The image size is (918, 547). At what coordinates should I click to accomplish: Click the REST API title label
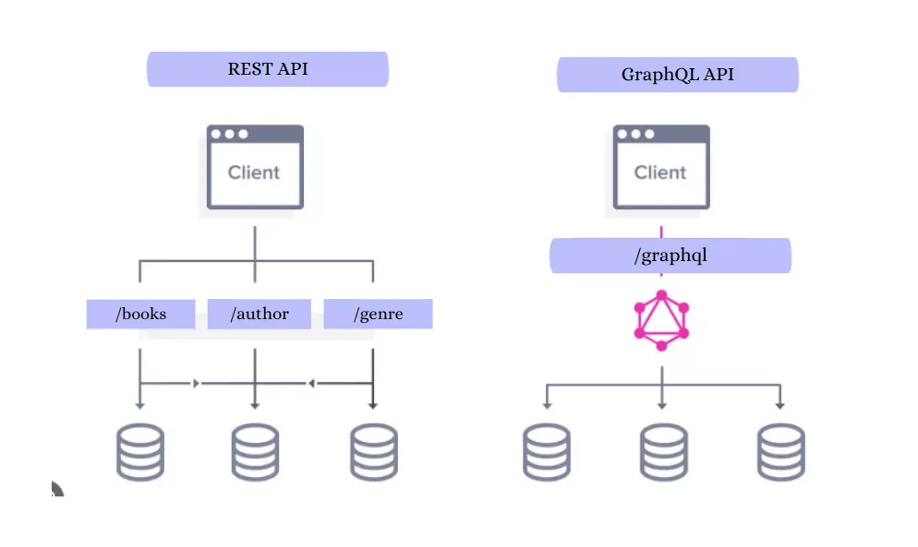(x=268, y=69)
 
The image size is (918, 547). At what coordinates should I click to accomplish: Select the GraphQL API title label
(x=677, y=75)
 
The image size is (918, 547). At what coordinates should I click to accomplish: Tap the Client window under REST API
(x=254, y=167)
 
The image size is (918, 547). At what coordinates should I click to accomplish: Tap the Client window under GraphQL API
(x=660, y=167)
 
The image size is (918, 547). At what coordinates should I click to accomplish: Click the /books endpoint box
(x=140, y=315)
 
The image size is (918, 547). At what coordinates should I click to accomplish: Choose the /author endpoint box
(x=259, y=315)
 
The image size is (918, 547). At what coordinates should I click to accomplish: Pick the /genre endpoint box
(x=378, y=315)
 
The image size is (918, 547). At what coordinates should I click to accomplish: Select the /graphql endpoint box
(x=670, y=256)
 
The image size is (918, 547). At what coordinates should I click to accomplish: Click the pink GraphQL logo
(x=661, y=320)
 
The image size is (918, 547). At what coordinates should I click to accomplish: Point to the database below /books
(x=140, y=452)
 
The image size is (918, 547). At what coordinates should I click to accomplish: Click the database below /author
(x=255, y=452)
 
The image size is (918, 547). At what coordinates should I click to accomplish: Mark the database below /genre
(x=374, y=452)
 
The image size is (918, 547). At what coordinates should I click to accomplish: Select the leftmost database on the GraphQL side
(x=547, y=452)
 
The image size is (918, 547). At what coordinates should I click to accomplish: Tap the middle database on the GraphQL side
(x=663, y=452)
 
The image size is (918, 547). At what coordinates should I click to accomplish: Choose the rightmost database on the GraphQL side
(x=780, y=452)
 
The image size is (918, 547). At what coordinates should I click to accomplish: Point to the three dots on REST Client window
(x=229, y=134)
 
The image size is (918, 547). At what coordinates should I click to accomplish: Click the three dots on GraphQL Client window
(x=635, y=134)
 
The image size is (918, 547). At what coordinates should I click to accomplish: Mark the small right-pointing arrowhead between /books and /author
(x=196, y=382)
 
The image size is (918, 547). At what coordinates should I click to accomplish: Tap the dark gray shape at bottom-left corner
(x=56, y=490)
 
